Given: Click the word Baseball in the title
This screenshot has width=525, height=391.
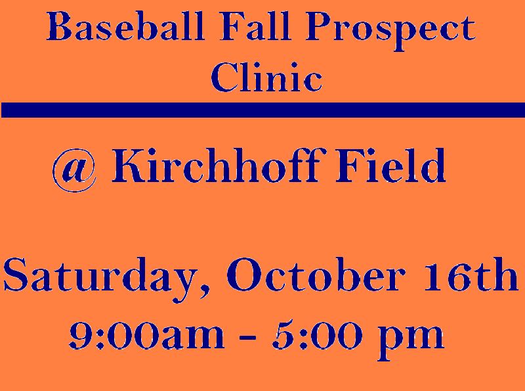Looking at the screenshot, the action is pyautogui.click(x=125, y=26).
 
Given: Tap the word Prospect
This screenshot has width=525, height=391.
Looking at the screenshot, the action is pyautogui.click(x=390, y=31).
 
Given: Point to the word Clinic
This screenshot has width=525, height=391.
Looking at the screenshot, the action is pyautogui.click(x=266, y=77).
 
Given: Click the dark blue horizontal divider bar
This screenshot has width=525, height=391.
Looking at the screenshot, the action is pyautogui.click(x=262, y=110).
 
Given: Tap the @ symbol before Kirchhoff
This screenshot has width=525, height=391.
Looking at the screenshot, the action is pyautogui.click(x=75, y=170).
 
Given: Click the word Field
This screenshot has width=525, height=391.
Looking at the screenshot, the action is pyautogui.click(x=390, y=166).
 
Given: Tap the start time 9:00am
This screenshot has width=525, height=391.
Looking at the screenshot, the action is pyautogui.click(x=146, y=335).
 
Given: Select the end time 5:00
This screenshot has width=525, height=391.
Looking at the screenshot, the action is pyautogui.click(x=317, y=335).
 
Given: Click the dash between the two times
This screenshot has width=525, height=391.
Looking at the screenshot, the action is pyautogui.click(x=248, y=337).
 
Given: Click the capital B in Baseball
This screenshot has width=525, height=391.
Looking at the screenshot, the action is pyautogui.click(x=60, y=26).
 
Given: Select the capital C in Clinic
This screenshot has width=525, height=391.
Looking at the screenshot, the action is pyautogui.click(x=224, y=77).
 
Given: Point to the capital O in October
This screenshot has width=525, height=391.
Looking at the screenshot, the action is pyautogui.click(x=244, y=274).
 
